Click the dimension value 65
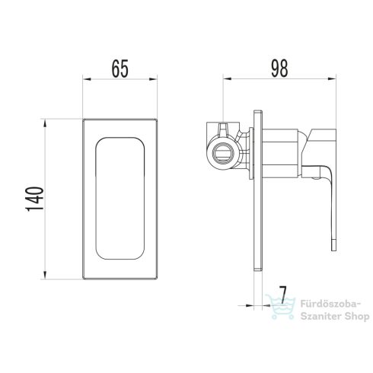[x=120, y=69]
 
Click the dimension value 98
[x=279, y=69]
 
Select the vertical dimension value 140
[x=35, y=199]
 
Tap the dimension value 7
[x=282, y=295]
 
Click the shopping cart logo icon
[x=280, y=307]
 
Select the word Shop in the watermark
[x=358, y=317]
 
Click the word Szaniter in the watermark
[x=321, y=316]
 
